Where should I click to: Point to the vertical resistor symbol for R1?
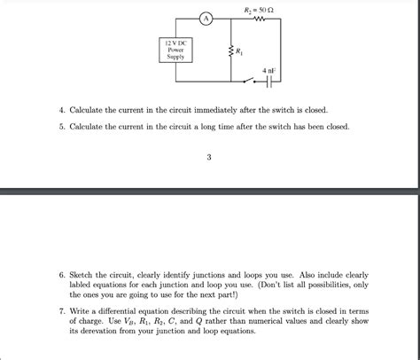(232, 53)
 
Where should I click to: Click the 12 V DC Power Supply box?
(175, 51)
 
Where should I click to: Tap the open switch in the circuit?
(250, 84)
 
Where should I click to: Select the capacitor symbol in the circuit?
(268, 84)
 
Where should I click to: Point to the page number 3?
(209, 159)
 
